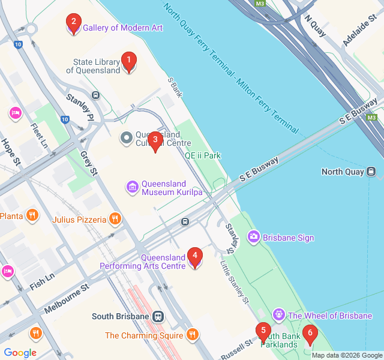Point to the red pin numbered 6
[310, 334]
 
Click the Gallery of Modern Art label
[122, 28]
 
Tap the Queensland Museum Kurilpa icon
[132, 187]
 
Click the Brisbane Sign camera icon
[253, 238]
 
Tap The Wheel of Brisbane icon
[278, 315]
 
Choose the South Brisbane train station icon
[158, 316]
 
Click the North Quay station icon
[372, 172]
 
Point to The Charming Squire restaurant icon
[192, 335]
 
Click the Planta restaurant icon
[32, 215]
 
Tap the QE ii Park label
[202, 155]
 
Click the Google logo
[20, 353]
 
